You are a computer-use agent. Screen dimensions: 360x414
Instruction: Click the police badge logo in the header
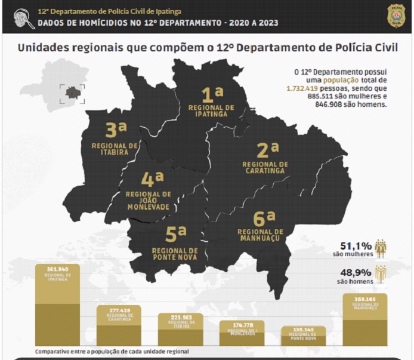coord(396,15)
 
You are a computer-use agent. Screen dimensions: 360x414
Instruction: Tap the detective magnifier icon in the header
coord(23,18)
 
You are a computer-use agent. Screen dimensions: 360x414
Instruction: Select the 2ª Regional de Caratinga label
coord(265,158)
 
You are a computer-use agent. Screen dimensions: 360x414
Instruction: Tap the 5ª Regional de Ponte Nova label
coord(175,241)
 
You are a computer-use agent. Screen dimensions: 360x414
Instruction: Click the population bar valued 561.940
coord(57,304)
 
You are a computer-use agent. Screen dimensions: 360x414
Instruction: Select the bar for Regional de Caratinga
coord(119,325)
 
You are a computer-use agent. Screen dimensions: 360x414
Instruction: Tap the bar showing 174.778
coord(242,333)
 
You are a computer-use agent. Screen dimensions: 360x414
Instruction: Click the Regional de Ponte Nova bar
coord(303,336)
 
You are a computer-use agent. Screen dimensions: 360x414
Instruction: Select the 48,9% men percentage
coord(353,272)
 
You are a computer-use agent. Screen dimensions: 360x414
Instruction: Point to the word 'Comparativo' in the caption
coord(52,352)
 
